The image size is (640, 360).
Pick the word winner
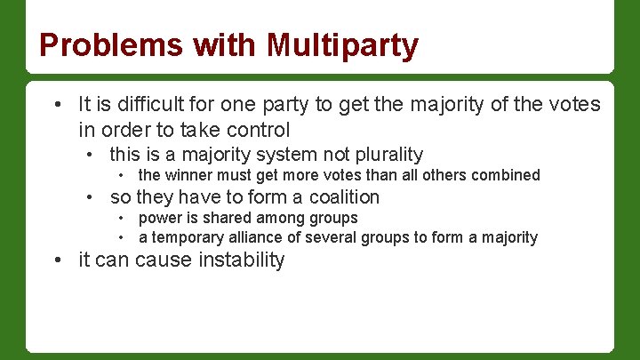click(x=188, y=175)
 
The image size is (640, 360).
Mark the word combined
click(x=507, y=175)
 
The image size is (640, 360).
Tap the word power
click(x=159, y=218)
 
